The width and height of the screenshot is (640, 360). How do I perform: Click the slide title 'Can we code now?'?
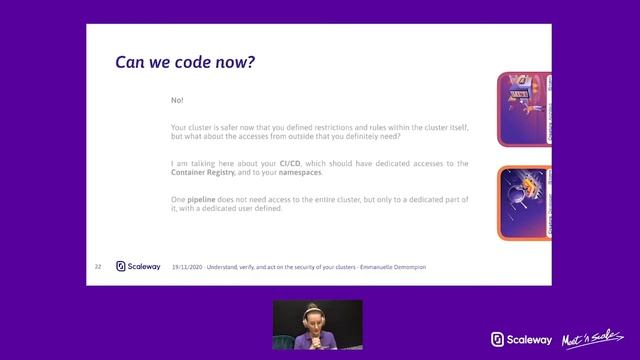pyautogui.click(x=186, y=63)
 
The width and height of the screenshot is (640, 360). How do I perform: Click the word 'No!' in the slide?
pyautogui.click(x=177, y=100)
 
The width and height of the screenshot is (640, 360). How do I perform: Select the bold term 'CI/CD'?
pyautogui.click(x=291, y=163)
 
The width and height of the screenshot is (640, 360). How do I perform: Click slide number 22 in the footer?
pyautogui.click(x=98, y=267)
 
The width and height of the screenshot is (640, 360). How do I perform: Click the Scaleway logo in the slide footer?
pyautogui.click(x=138, y=267)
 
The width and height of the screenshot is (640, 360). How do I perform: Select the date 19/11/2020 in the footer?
pyautogui.click(x=187, y=267)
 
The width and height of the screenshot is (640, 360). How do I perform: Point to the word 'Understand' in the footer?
pyautogui.click(x=226, y=267)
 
